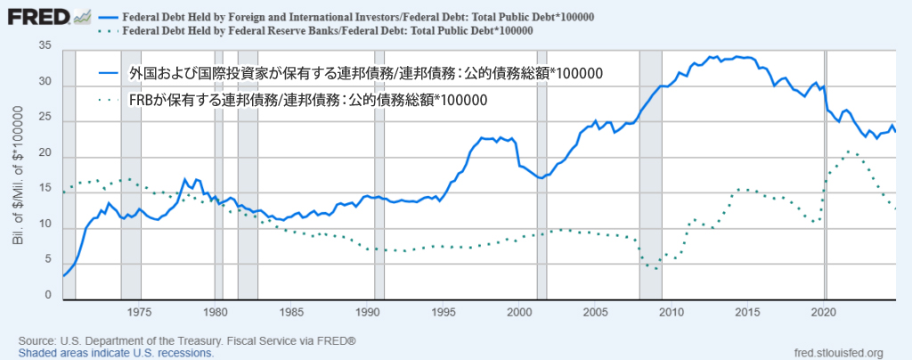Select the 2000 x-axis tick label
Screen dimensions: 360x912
coord(519,313)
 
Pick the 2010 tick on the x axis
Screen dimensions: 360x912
coord(672,313)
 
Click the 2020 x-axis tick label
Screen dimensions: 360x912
coord(824,313)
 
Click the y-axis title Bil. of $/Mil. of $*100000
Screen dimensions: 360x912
coord(19,174)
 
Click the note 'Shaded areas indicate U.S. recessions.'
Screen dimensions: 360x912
coord(116,353)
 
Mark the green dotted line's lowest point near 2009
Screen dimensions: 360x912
coord(656,268)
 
